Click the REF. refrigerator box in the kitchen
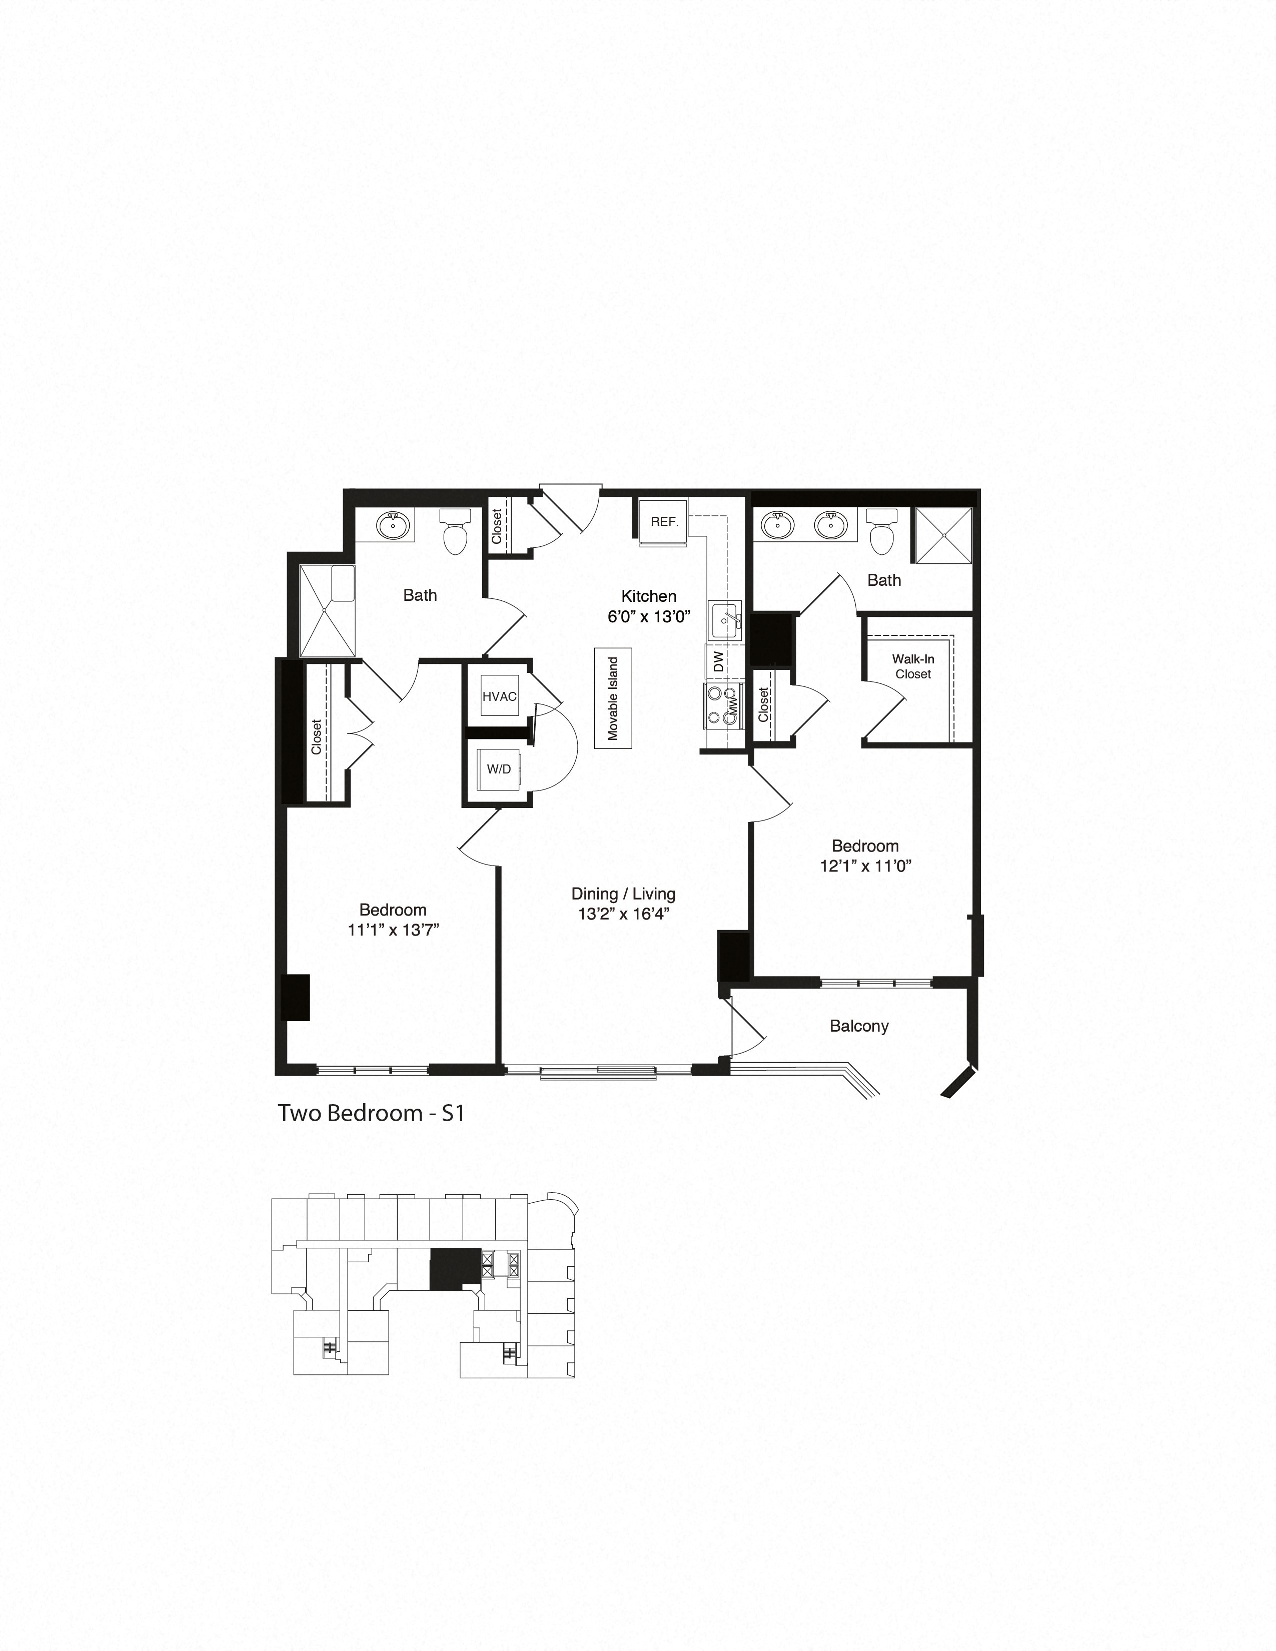tap(664, 522)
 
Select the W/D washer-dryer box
tap(499, 769)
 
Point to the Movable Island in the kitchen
tap(613, 698)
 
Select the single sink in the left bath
tap(393, 524)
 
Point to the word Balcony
tap(859, 1026)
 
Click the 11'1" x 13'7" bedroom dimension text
tap(393, 930)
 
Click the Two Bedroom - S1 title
tap(371, 1113)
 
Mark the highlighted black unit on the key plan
tap(454, 1268)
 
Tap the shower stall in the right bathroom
tap(943, 535)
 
